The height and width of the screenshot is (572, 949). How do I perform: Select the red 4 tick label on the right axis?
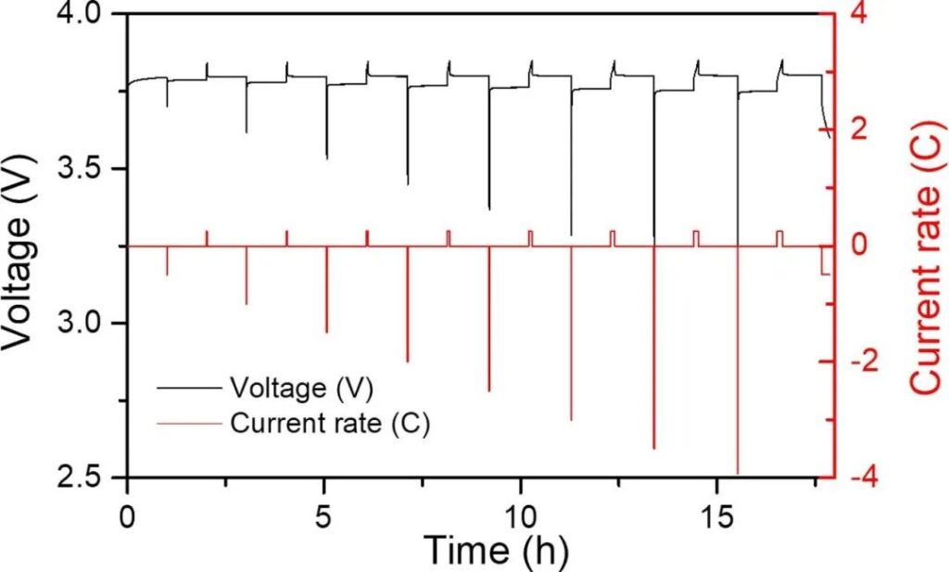(x=862, y=15)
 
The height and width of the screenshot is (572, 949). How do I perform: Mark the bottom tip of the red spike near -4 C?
(x=738, y=473)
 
